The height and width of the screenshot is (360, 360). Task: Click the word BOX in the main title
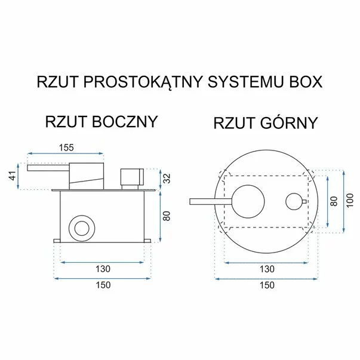pos(306,82)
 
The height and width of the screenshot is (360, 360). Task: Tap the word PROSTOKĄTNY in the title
pos(143,82)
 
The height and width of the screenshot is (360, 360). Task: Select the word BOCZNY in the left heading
pos(125,122)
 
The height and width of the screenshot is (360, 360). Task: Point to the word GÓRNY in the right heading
pos(288,123)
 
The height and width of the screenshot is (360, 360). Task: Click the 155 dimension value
pos(66,147)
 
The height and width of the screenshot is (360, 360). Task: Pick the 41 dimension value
pos(14,176)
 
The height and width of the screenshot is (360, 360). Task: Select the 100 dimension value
pos(350,201)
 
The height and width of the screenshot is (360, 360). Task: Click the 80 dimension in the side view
pos(167,216)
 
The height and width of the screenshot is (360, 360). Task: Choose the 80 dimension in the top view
pos(334,201)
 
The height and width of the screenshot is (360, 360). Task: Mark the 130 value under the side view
pos(103,269)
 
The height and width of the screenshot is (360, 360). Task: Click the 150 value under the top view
pos(267,285)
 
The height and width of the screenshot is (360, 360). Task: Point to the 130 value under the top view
pos(267,269)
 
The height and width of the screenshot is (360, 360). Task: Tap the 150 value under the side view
pos(103,285)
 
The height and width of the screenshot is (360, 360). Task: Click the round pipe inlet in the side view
pos(82,229)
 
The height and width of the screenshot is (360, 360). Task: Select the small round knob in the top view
pos(294,202)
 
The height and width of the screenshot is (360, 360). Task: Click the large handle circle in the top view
pos(248,201)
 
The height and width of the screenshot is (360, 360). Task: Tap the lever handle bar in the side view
pos(48,168)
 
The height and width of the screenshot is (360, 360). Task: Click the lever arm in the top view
pos(211,202)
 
